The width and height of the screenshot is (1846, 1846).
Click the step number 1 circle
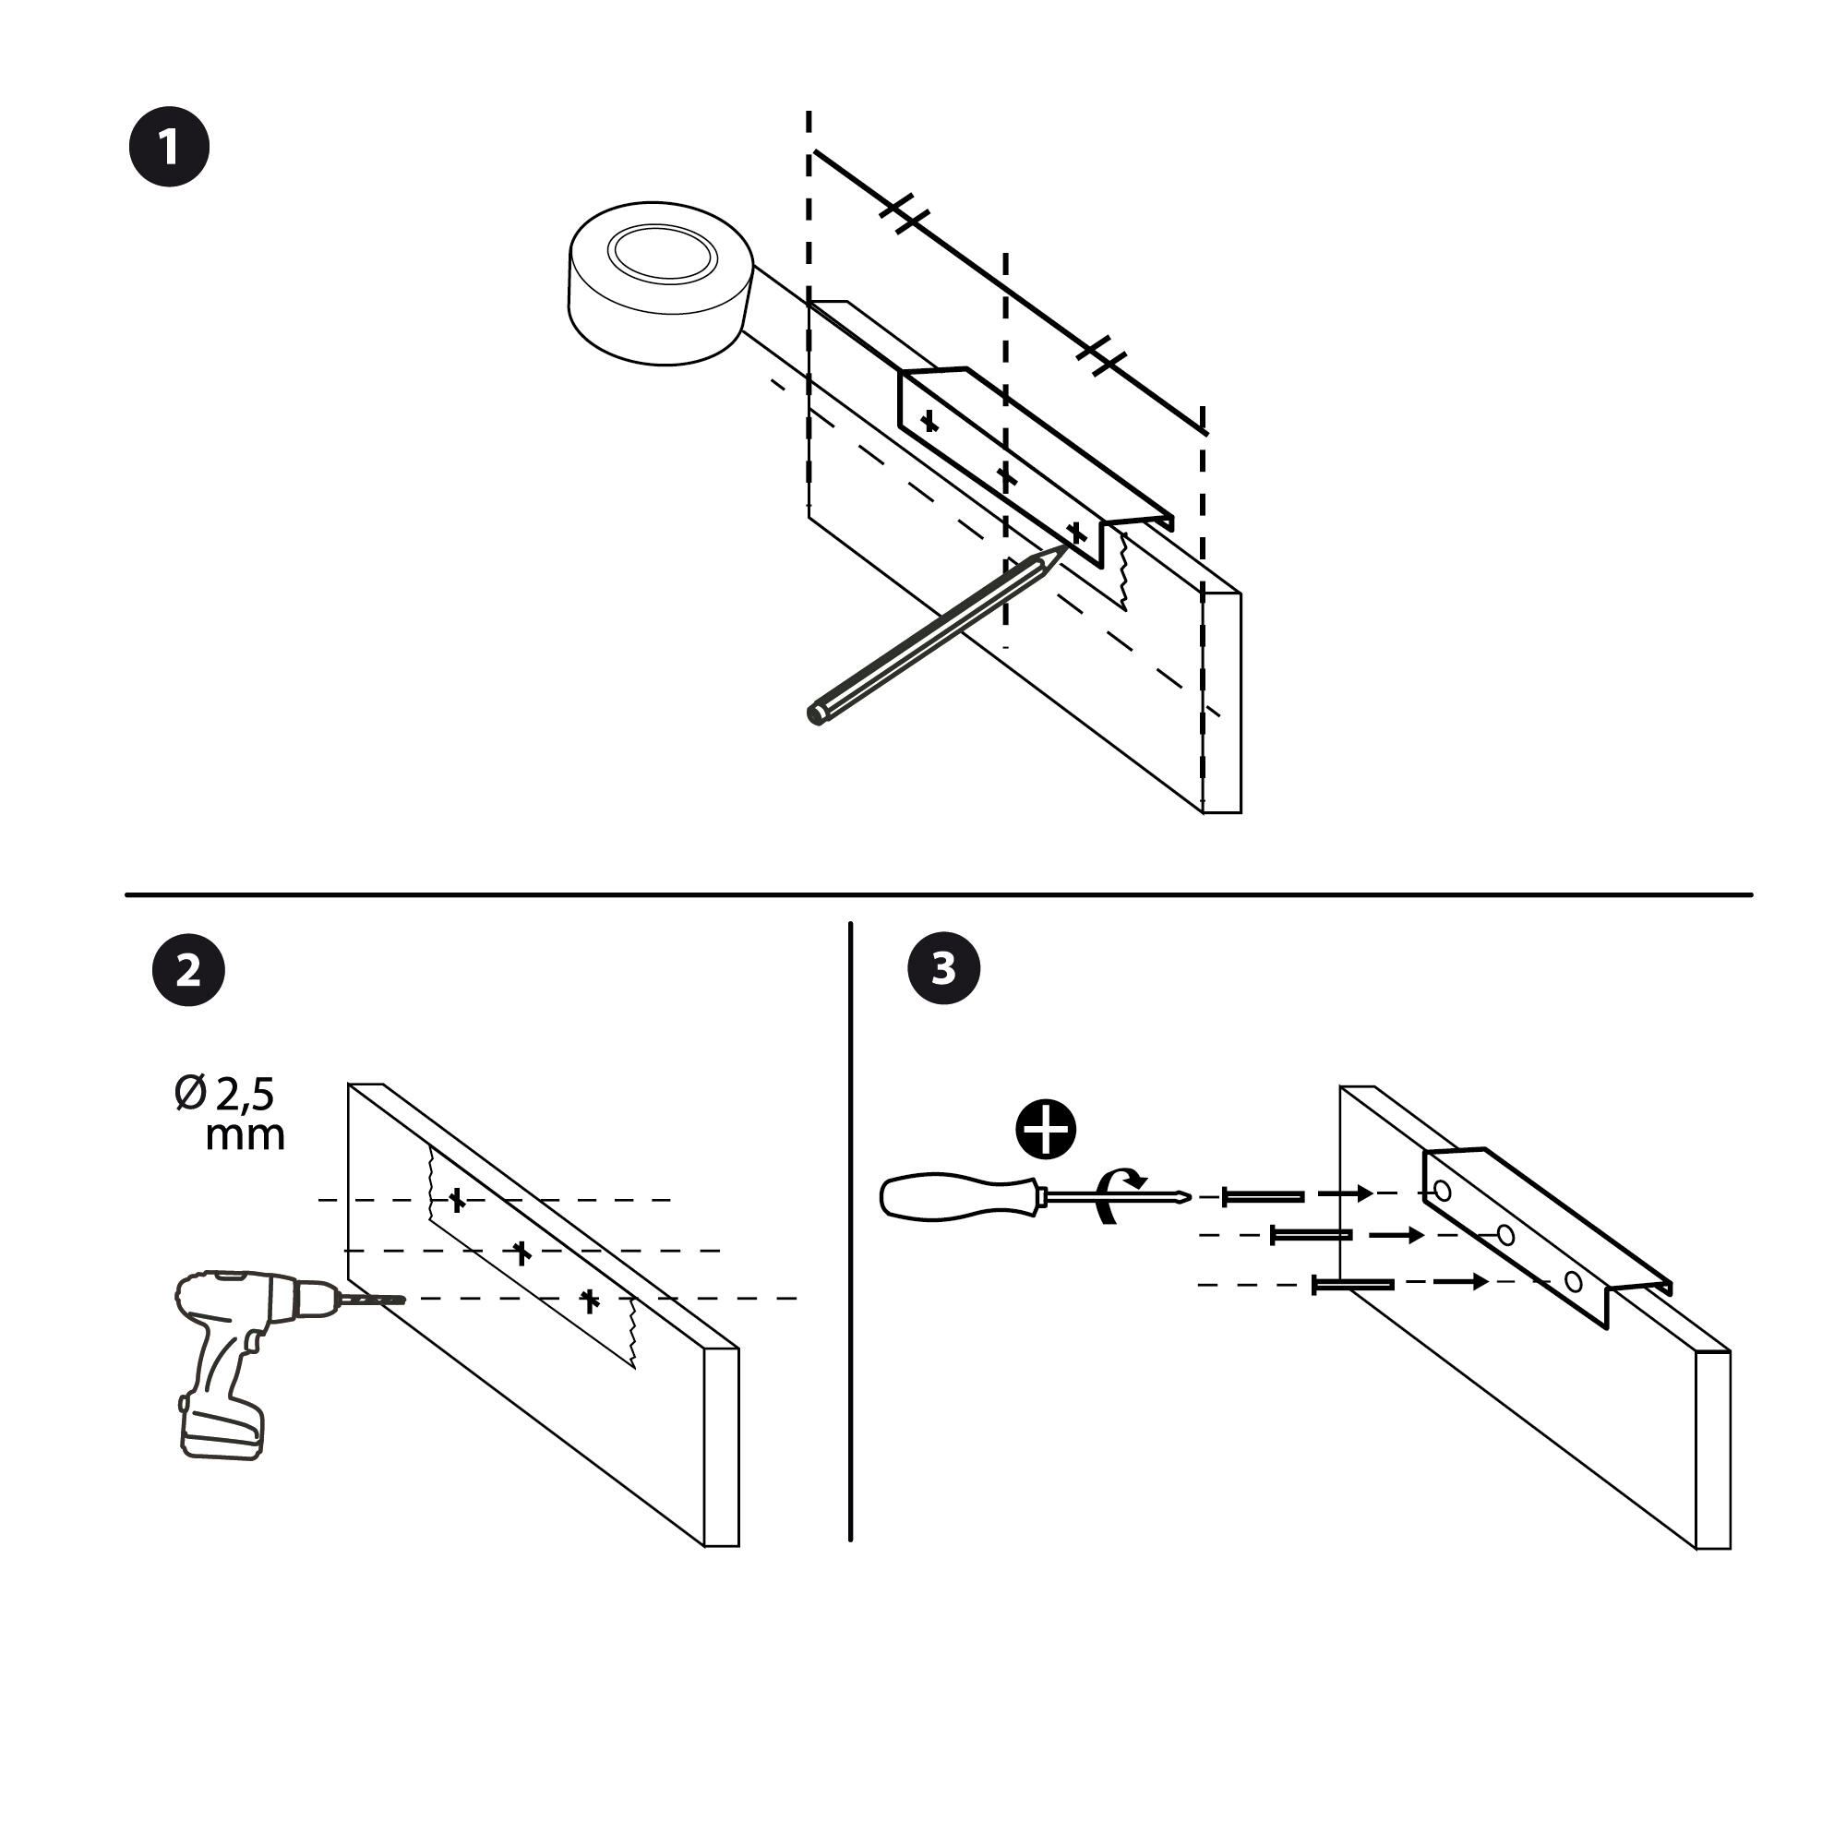click(169, 147)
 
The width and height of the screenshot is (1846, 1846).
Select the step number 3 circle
click(944, 968)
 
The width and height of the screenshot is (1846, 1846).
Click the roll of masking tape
click(661, 282)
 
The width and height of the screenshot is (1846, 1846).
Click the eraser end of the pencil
click(816, 714)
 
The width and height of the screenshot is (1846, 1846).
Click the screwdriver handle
click(955, 1197)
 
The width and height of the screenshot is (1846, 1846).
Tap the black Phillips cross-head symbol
click(1046, 1129)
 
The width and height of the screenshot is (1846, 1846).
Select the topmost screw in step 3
click(1264, 1196)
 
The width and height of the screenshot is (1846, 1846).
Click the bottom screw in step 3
click(1354, 1285)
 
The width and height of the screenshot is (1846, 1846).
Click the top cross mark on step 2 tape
click(457, 1199)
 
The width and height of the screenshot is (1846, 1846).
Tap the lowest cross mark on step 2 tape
click(591, 1300)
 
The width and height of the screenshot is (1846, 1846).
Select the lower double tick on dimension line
click(1102, 356)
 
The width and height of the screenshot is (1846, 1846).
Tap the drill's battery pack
click(222, 1433)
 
